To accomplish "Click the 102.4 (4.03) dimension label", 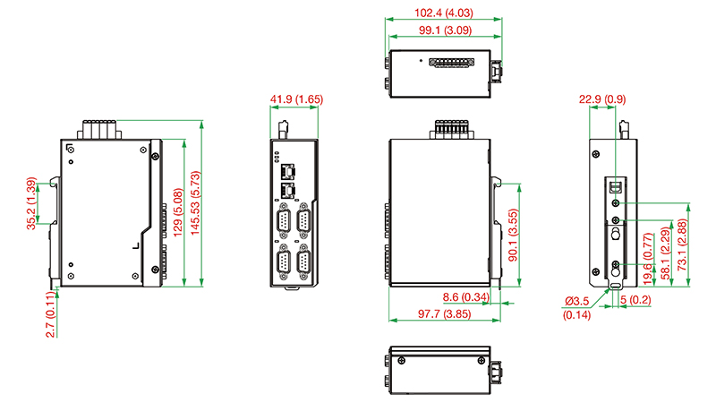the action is tap(443, 13).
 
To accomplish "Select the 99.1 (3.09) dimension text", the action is tap(445, 30).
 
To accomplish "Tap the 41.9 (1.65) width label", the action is tap(296, 99).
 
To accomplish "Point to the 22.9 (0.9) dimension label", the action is tap(602, 99).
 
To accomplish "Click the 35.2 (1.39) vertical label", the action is tap(31, 203).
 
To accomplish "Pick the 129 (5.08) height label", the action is tap(178, 212).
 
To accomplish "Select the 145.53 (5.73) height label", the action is tap(195, 203).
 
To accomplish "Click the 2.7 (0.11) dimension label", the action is tap(51, 315).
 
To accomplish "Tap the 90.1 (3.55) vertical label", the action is tap(513, 236).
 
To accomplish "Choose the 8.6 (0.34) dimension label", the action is tap(465, 297).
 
